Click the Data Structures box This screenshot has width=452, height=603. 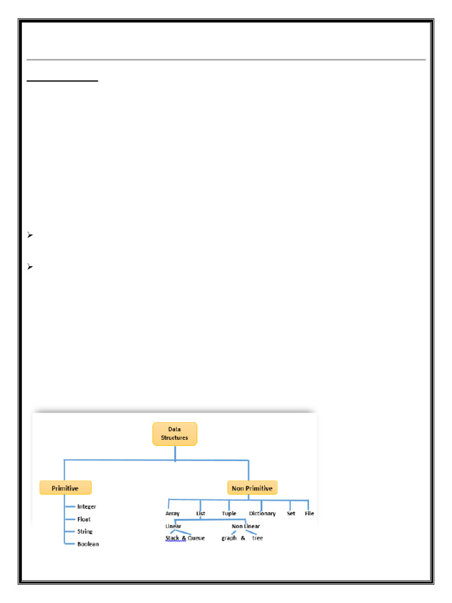pos(175,434)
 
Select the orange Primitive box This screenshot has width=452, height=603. pos(67,488)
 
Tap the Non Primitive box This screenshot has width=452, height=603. pos(252,488)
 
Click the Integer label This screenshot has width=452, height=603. pos(87,506)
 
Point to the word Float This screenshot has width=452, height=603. pos(84,519)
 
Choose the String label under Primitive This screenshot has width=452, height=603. pos(85,532)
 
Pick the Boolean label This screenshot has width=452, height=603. pos(88,544)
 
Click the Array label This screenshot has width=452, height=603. pos(172,513)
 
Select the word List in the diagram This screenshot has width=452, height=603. pos(201,513)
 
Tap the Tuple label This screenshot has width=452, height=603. pos(229,513)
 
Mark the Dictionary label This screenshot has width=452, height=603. pos(262,513)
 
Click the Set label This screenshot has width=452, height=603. pos(291,513)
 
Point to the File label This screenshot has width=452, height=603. pos(309,513)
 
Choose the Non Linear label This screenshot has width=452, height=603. pos(245,526)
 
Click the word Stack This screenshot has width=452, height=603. pos(172,538)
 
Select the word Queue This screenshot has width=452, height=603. pos(196,538)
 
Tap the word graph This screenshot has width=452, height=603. pos(229,538)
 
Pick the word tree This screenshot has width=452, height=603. pos(257,538)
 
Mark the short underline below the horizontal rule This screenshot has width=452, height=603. pos(63,82)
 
